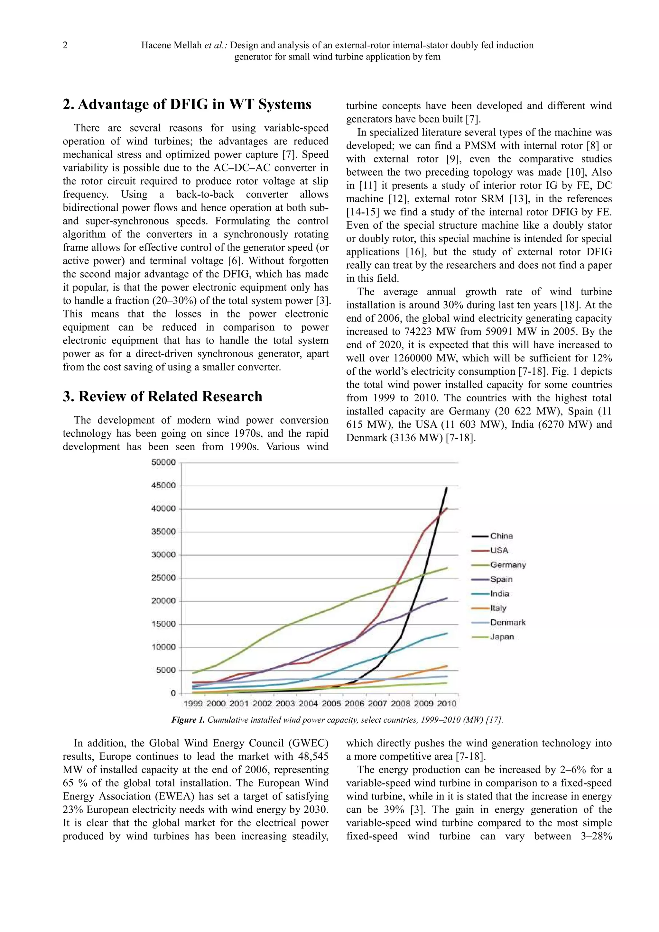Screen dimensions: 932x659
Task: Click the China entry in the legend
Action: coord(501,536)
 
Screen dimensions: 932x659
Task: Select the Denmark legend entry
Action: coord(507,622)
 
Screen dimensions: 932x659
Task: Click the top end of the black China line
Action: coord(447,488)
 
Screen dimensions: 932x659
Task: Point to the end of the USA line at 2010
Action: coord(447,508)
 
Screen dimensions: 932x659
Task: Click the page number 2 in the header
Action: coord(65,45)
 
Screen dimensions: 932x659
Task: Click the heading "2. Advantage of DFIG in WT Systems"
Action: coord(187,104)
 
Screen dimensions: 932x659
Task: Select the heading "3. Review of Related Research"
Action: coord(162,396)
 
